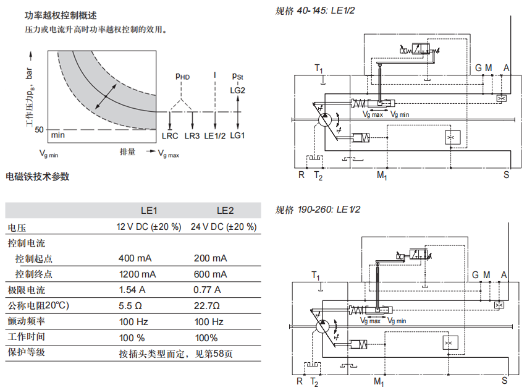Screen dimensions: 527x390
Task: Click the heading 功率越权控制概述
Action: click(61, 15)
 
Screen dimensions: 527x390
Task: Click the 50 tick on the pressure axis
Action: click(40, 129)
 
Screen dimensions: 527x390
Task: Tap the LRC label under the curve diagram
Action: click(170, 136)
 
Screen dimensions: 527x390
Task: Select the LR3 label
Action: click(192, 136)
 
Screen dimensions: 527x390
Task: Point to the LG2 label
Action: click(238, 90)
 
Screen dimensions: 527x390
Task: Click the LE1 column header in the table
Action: click(149, 211)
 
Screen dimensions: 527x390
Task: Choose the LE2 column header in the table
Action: click(225, 211)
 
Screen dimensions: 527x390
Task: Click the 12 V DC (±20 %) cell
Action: click(149, 227)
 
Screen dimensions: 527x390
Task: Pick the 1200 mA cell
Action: click(137, 274)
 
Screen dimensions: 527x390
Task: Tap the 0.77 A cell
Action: click(207, 290)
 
